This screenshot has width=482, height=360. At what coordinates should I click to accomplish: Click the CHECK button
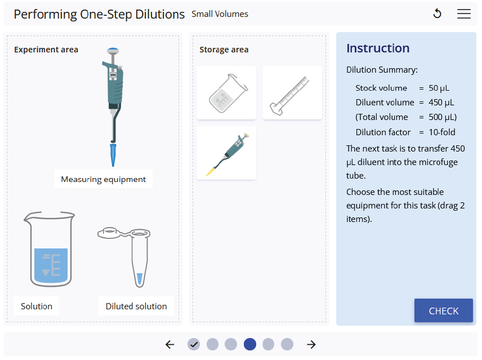pos(443,310)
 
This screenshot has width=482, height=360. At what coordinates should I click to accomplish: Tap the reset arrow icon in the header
pos(437,14)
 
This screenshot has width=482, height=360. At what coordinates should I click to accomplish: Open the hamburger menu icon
pos(463,14)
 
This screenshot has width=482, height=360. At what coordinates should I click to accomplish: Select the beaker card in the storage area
pos(226,92)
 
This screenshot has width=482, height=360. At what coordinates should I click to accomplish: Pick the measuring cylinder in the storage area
pos(292,92)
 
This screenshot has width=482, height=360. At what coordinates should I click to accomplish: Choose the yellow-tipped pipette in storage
pos(226,153)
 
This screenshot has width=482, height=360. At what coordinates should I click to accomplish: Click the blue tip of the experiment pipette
pos(113,155)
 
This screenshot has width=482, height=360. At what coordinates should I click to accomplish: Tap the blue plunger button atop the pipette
pos(113,50)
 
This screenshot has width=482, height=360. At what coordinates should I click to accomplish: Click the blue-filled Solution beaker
pos(49,249)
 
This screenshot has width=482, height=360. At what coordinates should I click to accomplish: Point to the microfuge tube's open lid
pos(110,233)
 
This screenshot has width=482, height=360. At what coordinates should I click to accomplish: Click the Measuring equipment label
pos(103,179)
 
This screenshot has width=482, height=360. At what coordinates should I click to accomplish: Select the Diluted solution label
pos(136,306)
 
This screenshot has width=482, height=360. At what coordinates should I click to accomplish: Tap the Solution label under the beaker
pos(37,306)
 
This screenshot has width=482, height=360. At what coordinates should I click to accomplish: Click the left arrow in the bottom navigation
pos(169,344)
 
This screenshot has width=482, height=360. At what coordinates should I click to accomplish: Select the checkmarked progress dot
pos(194,344)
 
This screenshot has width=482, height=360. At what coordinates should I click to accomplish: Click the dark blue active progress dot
pos(250,344)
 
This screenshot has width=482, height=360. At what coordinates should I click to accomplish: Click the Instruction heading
pos(378,48)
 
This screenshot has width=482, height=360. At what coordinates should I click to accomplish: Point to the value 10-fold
pos(442,132)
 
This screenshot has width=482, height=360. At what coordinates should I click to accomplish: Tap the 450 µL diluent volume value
pos(441,103)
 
